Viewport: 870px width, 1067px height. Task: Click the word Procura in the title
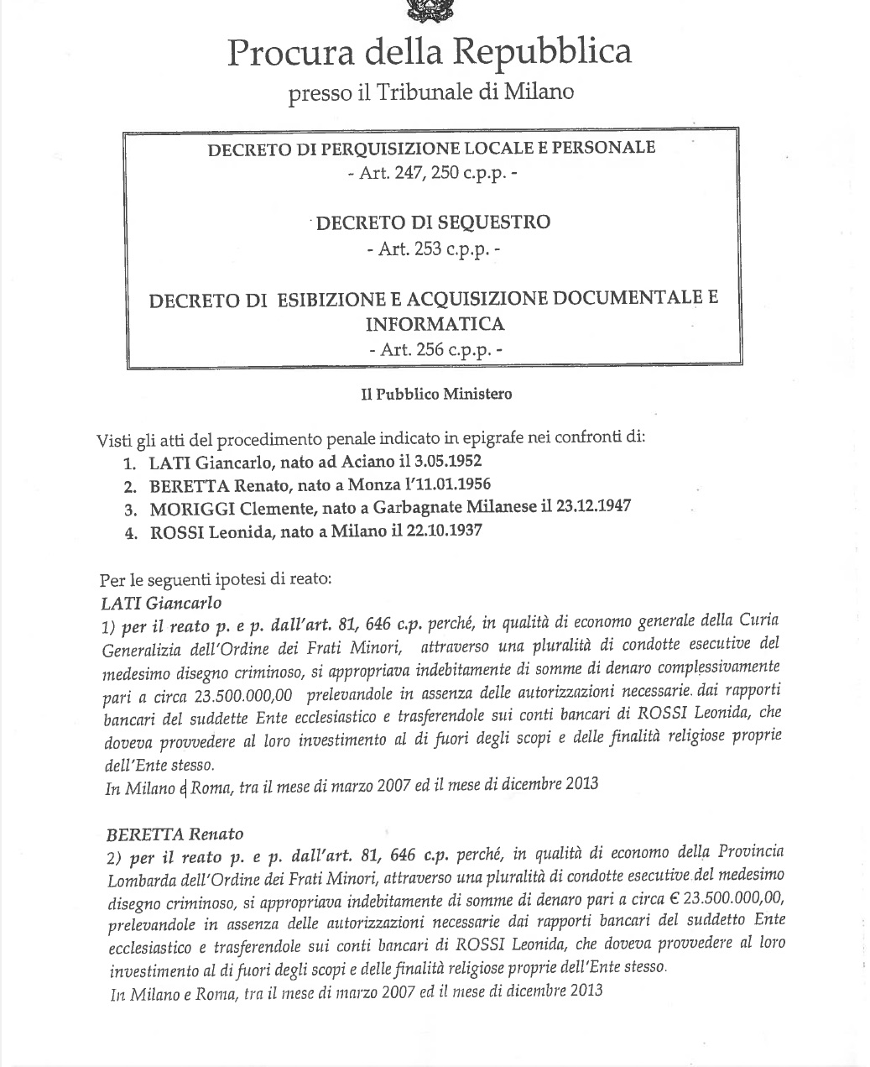click(x=282, y=53)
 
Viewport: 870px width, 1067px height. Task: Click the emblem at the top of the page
click(x=429, y=10)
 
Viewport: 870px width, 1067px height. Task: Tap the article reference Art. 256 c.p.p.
click(x=433, y=350)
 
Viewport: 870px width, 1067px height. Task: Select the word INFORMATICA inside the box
click(x=435, y=324)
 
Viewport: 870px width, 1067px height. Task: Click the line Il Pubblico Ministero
click(x=435, y=393)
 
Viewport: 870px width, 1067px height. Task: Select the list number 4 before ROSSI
click(x=130, y=532)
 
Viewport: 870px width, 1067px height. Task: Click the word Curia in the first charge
click(x=759, y=620)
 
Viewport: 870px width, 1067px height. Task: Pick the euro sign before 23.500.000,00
click(x=675, y=897)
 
